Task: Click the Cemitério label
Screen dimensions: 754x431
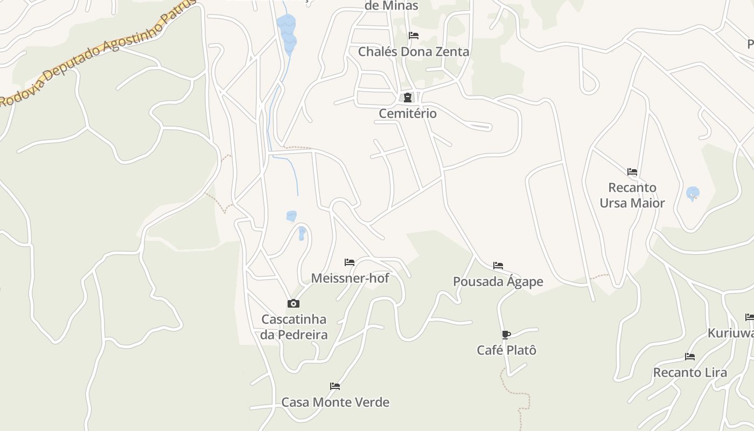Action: [408, 114]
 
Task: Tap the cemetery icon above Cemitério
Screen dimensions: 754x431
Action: [408, 98]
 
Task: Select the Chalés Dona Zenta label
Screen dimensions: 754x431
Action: [414, 52]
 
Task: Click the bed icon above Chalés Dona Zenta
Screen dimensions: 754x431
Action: [414, 36]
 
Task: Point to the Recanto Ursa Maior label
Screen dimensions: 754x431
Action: [632, 195]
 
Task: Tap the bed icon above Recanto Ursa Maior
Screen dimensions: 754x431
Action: [632, 172]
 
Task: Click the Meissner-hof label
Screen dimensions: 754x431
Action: [350, 278]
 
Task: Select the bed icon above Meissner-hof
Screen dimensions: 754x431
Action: [350, 262]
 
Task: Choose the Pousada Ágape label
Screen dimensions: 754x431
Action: [498, 281]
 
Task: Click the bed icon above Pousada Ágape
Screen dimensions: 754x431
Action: [498, 266]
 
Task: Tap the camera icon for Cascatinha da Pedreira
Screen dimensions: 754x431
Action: [294, 304]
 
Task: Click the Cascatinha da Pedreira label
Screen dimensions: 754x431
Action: [294, 327]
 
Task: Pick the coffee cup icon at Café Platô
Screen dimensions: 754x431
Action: [506, 335]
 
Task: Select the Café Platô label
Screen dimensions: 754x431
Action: [507, 350]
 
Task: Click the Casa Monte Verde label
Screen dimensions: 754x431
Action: [336, 402]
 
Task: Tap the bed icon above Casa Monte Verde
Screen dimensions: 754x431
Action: [335, 386]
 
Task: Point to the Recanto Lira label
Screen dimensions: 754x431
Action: [690, 372]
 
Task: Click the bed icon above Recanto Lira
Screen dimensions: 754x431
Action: [690, 357]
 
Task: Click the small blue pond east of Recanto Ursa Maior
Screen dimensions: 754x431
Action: [693, 193]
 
